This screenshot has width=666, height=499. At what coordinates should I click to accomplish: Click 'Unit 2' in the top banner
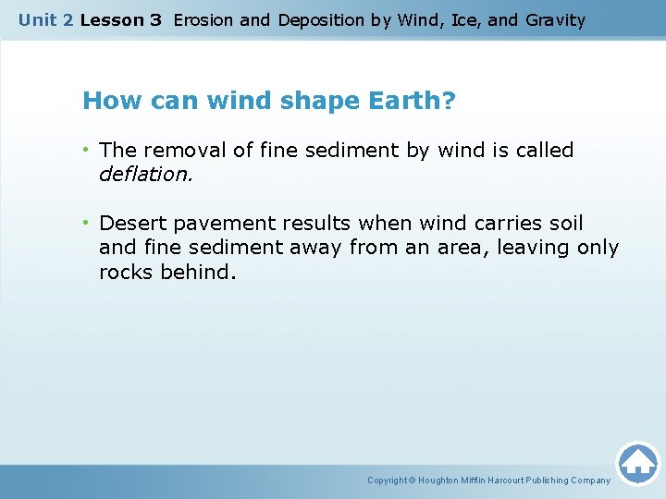pos(45,19)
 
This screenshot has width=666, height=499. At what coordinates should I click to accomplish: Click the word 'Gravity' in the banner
pos(554,19)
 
